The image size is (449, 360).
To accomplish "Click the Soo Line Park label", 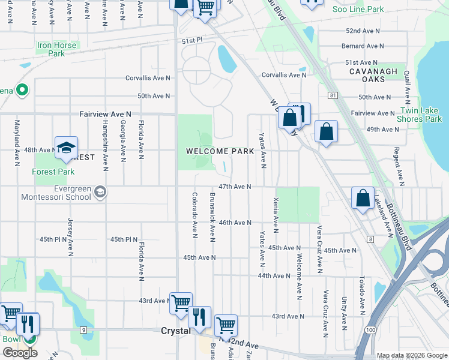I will (358, 9).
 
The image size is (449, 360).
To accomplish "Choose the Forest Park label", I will (53, 172).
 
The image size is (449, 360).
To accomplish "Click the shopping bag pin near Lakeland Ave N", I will (363, 197).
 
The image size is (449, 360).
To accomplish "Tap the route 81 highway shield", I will (332, 95).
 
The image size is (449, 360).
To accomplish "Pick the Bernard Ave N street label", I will (363, 46).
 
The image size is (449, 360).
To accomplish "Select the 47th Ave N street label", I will (234, 187).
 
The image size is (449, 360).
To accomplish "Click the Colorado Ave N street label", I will (194, 214).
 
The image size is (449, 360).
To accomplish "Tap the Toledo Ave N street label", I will (362, 295).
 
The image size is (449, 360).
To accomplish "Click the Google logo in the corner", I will (20, 353).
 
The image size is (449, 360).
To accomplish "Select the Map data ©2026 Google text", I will (411, 355).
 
